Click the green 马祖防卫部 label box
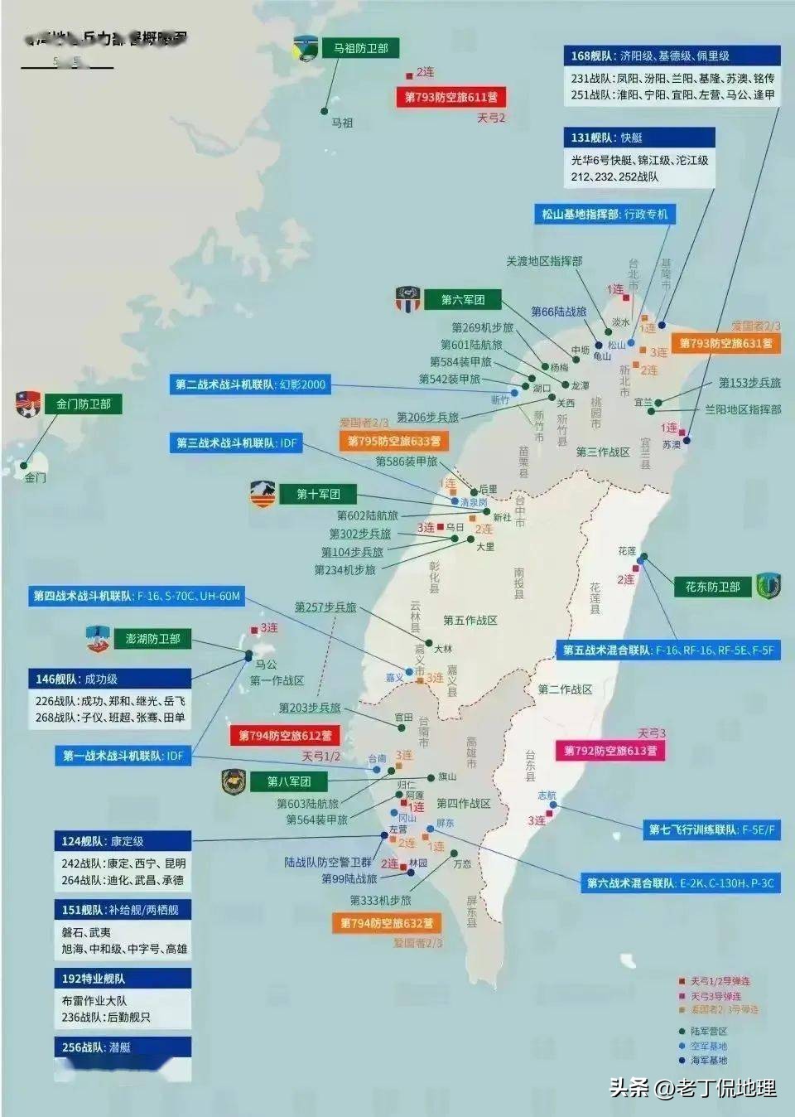pos(360,49)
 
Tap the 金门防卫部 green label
pos(83,404)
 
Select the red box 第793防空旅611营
pos(450,98)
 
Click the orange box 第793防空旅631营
pos(725,343)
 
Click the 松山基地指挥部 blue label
pos(605,215)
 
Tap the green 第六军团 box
pos(462,300)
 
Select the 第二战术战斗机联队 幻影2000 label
pos(251,384)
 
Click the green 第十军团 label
pos(318,495)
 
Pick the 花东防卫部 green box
pos(712,587)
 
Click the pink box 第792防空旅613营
pos(610,751)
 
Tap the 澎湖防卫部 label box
pos(152,639)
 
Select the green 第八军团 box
pos(288,781)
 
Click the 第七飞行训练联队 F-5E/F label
pos(711,829)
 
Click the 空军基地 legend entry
pos(708,1046)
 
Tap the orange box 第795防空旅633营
pos(393,442)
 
